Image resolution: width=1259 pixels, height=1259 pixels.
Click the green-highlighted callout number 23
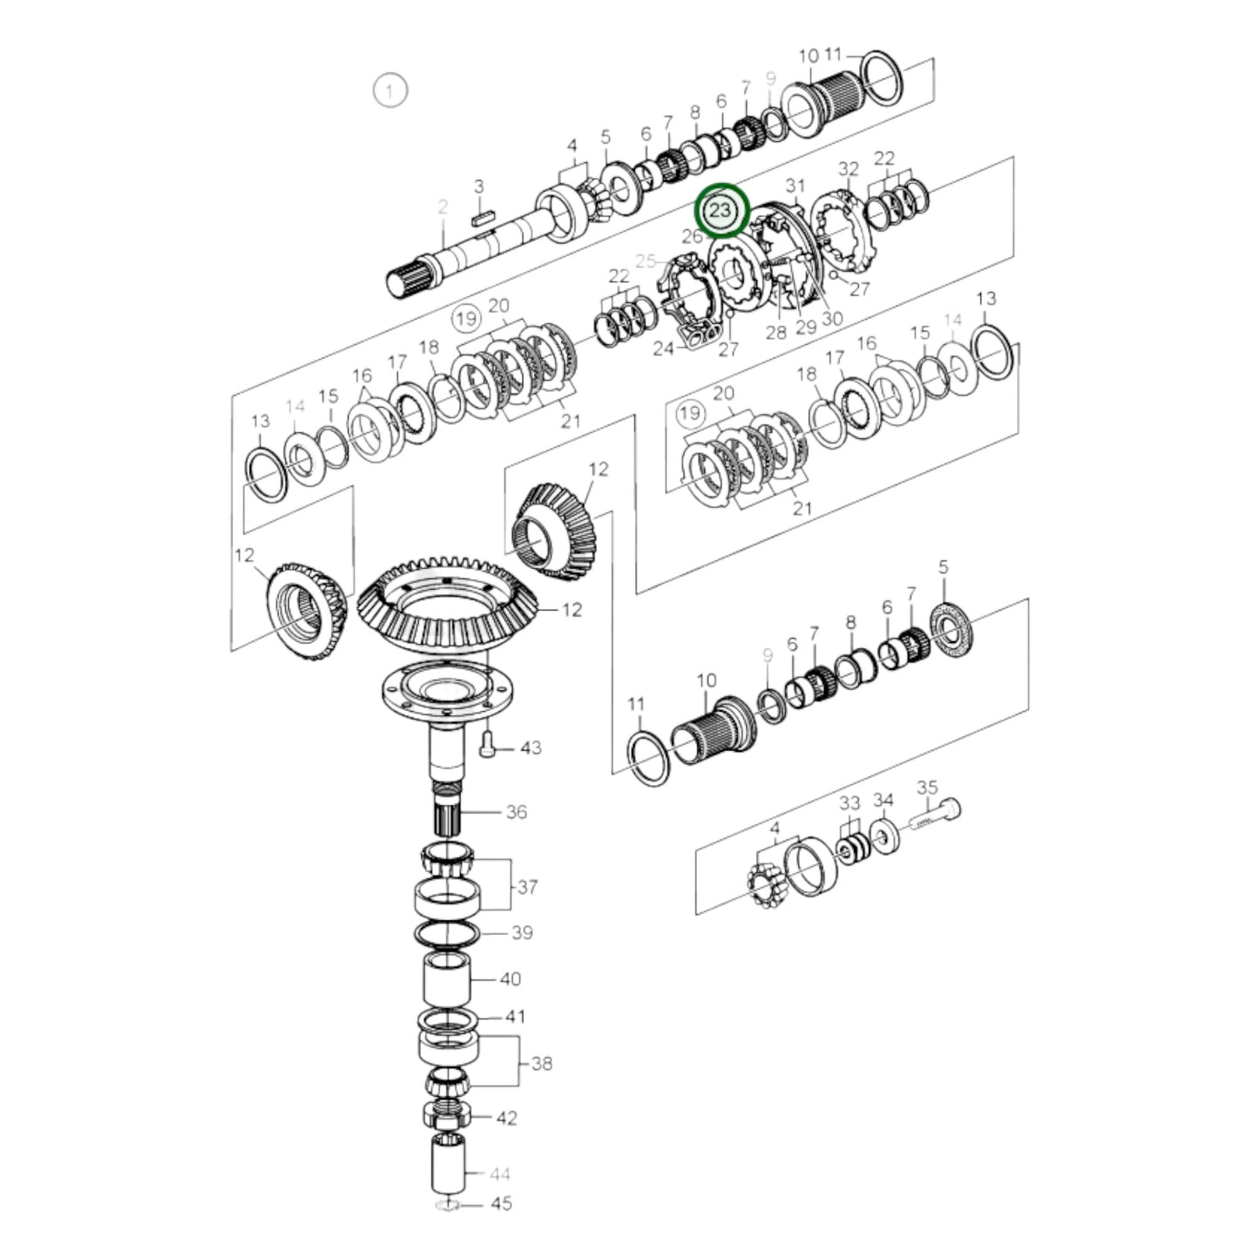pos(721,212)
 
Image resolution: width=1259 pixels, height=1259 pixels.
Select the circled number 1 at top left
pos(389,90)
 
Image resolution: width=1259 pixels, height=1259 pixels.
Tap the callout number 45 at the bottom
pos(501,1204)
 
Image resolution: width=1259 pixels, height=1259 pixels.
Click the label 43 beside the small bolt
pos(530,748)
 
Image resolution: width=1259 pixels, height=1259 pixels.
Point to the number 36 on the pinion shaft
pos(517,812)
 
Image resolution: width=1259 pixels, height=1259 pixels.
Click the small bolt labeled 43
pos(487,742)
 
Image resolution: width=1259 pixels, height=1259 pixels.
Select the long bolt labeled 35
pos(937,816)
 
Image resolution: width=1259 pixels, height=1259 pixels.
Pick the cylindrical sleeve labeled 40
pos(447,979)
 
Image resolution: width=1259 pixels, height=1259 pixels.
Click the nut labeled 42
pos(446,1113)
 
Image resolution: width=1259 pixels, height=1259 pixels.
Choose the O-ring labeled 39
pos(446,933)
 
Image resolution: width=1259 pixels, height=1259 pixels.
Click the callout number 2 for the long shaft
pos(443,206)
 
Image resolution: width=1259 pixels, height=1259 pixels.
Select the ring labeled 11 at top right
pos(881,76)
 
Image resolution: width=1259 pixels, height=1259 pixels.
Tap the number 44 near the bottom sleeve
pos(499,1174)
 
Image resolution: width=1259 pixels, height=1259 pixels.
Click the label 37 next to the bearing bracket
pos(527,887)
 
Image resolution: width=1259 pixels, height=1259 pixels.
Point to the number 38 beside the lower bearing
pos(541,1063)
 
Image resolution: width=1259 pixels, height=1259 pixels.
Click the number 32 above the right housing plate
pos(848,168)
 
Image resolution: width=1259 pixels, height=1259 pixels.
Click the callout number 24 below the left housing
pos(664,349)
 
